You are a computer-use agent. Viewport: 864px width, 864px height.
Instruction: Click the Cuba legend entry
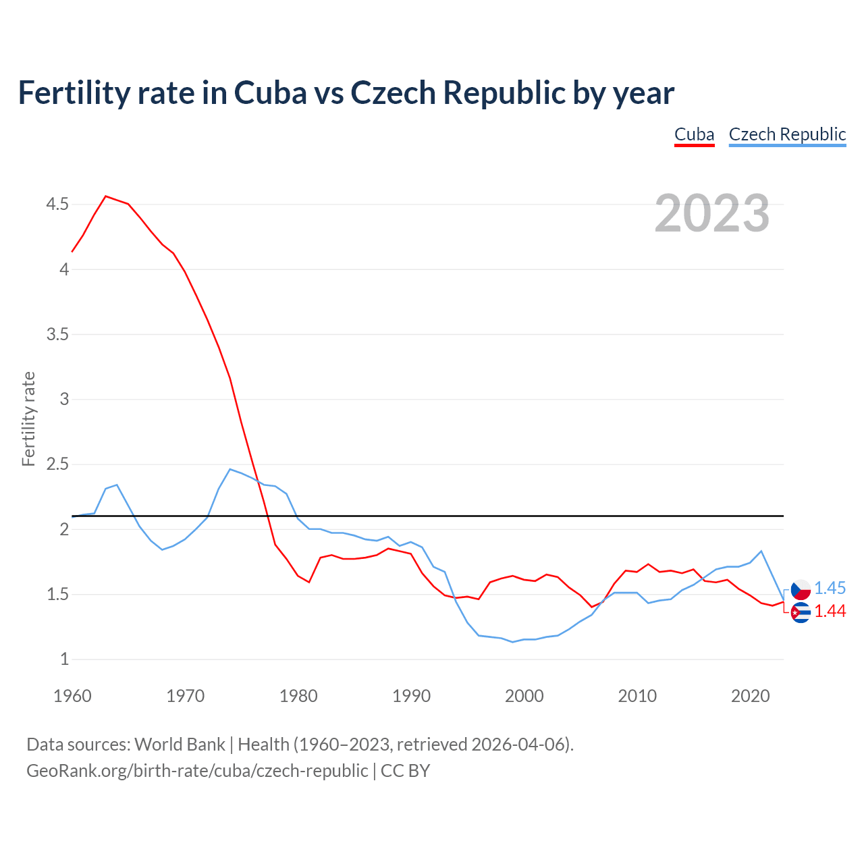click(x=694, y=134)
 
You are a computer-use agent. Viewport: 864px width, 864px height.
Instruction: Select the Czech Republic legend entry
click(x=787, y=134)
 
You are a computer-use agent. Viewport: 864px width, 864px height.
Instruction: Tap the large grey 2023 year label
click(x=711, y=213)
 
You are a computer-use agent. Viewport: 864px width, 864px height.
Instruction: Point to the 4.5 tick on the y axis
click(x=57, y=204)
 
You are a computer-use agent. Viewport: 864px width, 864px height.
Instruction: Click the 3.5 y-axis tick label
click(x=57, y=334)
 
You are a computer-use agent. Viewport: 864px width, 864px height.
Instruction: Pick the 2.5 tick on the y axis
click(x=57, y=464)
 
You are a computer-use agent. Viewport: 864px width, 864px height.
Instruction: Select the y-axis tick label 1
click(x=65, y=659)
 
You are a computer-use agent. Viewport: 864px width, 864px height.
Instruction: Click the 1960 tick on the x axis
click(x=72, y=696)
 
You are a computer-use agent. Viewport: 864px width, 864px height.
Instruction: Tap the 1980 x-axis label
click(x=298, y=696)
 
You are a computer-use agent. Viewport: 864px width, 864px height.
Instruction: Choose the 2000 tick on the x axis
click(x=524, y=696)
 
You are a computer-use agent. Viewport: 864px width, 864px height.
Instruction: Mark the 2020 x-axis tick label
click(x=750, y=696)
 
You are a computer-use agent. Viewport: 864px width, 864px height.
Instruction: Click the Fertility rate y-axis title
click(x=28, y=418)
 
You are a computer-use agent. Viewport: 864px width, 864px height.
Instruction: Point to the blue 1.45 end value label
click(x=830, y=588)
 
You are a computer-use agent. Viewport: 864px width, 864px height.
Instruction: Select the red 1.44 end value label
click(x=830, y=611)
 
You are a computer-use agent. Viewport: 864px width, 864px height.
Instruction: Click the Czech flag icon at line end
click(x=801, y=589)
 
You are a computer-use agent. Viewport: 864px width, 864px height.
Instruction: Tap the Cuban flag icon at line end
click(x=801, y=613)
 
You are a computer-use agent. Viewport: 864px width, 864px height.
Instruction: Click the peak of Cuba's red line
click(x=106, y=196)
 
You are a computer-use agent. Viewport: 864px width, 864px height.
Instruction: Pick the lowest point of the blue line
click(x=513, y=642)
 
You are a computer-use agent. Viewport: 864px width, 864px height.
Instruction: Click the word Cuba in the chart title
click(x=270, y=93)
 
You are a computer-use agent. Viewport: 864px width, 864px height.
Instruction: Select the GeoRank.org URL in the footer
click(x=197, y=771)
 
